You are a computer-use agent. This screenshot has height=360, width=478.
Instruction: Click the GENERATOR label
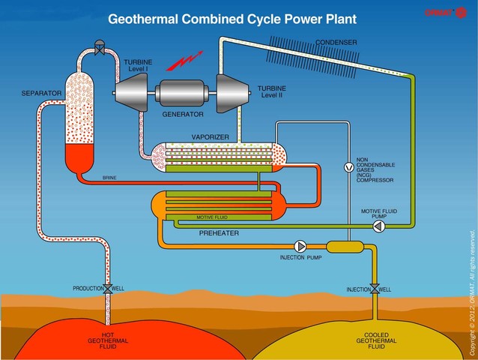click(184, 115)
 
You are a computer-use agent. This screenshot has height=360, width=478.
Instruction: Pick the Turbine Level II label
click(272, 91)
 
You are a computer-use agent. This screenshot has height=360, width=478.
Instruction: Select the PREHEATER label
click(219, 233)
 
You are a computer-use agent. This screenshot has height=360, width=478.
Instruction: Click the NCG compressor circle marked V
click(347, 168)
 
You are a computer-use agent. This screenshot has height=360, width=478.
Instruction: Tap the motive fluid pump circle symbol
click(378, 224)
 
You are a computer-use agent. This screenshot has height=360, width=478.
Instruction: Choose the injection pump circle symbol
click(300, 246)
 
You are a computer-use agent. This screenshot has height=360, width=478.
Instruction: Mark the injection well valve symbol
click(374, 289)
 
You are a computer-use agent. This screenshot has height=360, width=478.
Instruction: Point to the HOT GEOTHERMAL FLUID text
click(109, 340)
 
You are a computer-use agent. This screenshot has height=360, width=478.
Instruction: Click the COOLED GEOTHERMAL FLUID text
click(375, 340)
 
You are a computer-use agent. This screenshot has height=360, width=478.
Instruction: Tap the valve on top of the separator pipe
click(100, 43)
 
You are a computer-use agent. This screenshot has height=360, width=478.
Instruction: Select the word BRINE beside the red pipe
click(110, 178)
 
